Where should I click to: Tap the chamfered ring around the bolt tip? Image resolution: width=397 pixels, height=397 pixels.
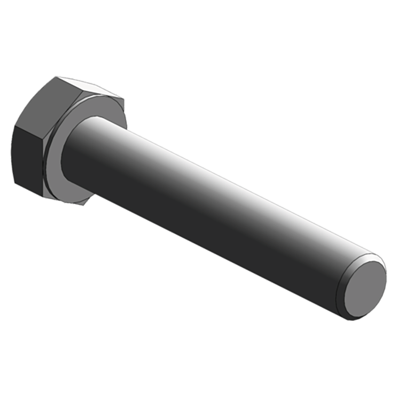344,293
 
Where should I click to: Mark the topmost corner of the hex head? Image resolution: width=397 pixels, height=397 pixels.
57,77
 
